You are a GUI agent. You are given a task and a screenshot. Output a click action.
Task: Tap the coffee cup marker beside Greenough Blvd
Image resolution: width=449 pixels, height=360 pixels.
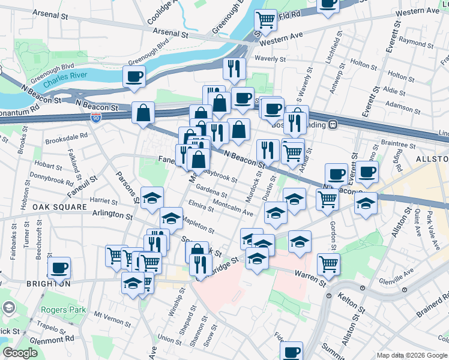134,76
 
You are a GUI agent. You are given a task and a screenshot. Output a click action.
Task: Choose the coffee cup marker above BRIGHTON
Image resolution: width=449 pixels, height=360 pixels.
59,268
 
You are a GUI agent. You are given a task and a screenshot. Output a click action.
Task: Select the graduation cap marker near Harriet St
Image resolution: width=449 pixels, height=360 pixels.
152,197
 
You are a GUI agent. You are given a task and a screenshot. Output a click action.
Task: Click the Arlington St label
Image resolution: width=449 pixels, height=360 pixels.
112,214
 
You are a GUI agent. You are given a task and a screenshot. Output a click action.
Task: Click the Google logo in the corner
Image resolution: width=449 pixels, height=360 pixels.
20,353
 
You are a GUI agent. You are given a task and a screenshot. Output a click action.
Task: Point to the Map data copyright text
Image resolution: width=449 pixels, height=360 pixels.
412,355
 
